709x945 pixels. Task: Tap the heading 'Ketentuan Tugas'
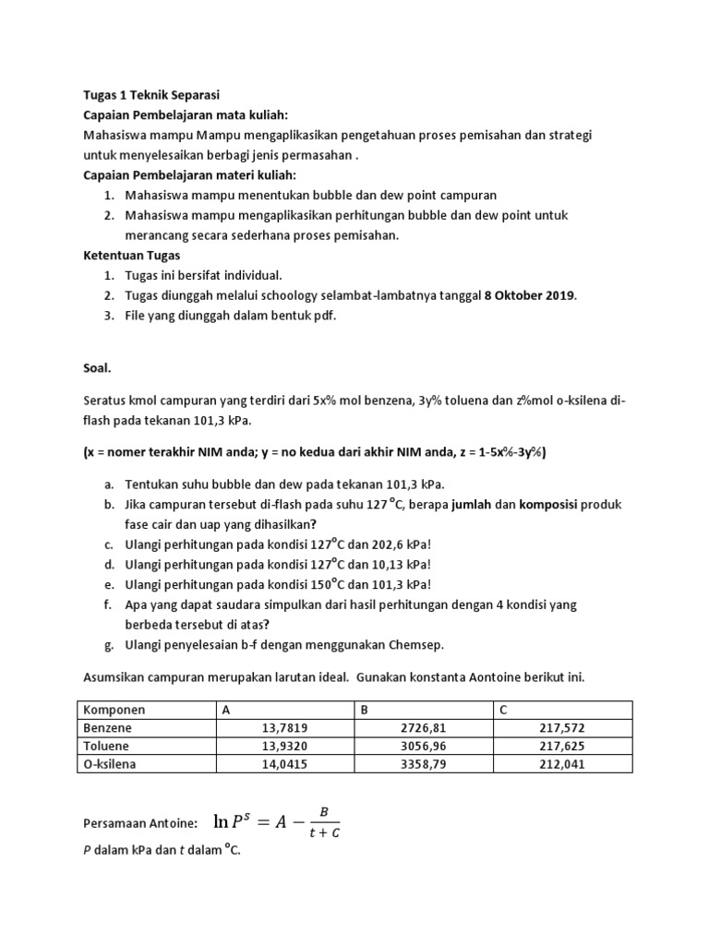point(132,256)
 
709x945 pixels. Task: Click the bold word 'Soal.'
point(97,367)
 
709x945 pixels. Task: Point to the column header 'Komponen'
point(114,711)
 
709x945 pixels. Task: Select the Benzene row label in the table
point(107,728)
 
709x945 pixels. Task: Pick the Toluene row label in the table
point(106,746)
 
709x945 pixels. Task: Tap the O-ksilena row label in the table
point(110,763)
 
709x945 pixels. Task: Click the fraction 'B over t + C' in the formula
point(322,822)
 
